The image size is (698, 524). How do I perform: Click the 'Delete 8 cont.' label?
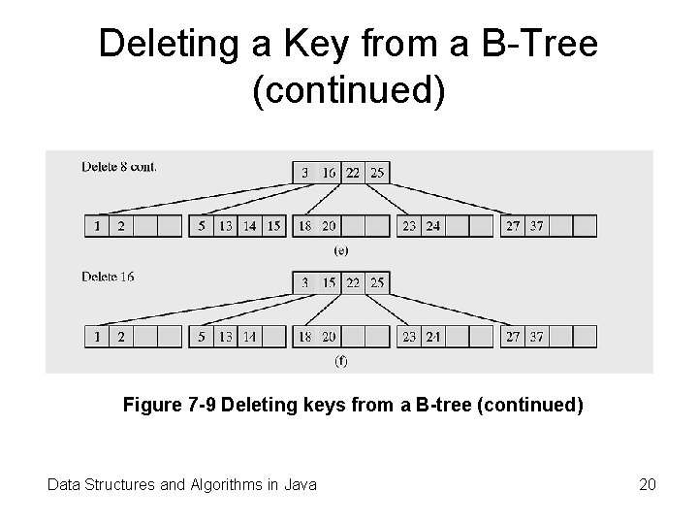point(120,166)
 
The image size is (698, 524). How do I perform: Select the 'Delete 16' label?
point(109,277)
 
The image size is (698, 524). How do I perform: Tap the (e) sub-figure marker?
point(341,249)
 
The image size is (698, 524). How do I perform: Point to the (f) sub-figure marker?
point(341,361)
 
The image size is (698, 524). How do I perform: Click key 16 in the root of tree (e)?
point(330,173)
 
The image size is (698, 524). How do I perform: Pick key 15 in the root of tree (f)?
point(330,283)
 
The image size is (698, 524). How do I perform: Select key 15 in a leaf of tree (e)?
point(274,226)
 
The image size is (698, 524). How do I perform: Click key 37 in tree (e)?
point(535,226)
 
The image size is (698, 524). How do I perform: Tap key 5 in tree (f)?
point(201,338)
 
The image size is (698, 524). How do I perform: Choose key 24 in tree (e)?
point(431,226)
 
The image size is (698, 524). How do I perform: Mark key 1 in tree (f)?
point(97,338)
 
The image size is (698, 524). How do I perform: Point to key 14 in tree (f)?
point(250,338)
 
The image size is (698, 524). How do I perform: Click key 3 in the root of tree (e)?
point(305,173)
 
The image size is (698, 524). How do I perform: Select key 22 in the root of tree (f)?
point(354,283)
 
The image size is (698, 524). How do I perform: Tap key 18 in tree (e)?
point(305,226)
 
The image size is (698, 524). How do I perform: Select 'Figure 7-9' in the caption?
point(170,405)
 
